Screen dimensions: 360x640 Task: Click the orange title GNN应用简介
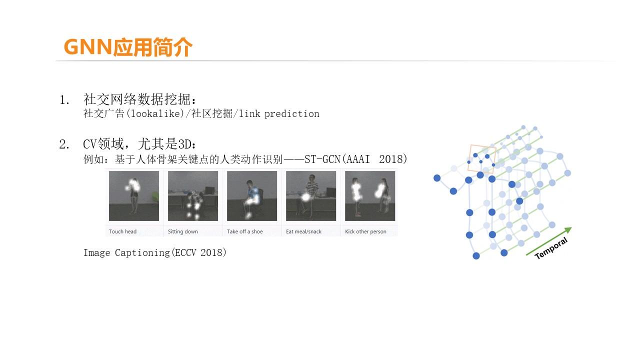[128, 47]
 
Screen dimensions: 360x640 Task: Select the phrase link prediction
[279, 114]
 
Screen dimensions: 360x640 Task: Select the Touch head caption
[122, 231]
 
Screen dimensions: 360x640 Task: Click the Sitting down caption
[182, 231]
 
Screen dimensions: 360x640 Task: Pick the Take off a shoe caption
[244, 231]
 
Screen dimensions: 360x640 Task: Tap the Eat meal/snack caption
[303, 231]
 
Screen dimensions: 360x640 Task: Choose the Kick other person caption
[365, 231]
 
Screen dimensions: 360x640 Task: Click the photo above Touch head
[134, 196]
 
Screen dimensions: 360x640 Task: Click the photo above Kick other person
[370, 196]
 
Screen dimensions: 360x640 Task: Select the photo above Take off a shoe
[252, 196]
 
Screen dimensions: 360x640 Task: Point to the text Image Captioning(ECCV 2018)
[155, 253]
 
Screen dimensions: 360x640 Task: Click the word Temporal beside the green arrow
[551, 248]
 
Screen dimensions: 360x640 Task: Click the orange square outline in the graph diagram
[482, 159]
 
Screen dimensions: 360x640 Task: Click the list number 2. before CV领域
[64, 145]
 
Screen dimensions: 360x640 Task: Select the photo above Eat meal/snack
[311, 196]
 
